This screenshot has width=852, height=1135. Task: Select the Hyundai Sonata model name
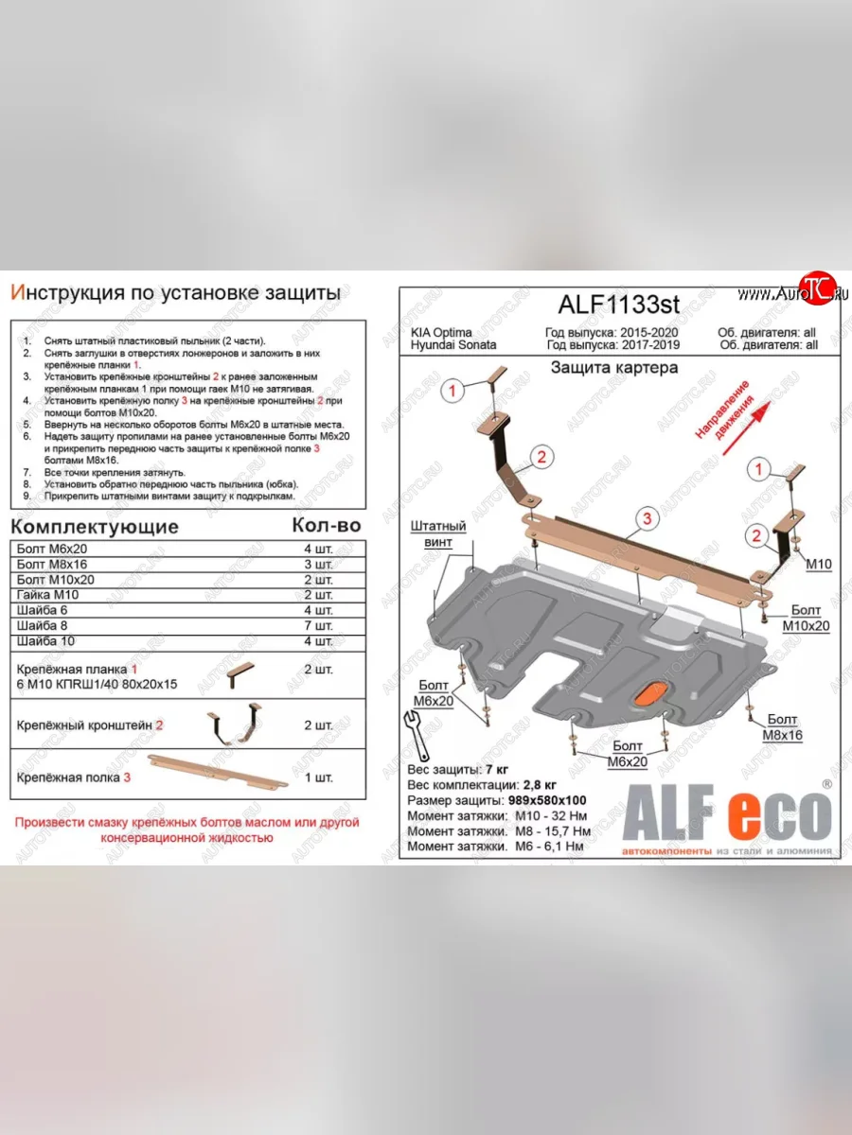point(453,345)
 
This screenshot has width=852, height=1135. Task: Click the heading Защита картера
point(614,367)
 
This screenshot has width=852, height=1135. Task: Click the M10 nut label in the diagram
point(818,564)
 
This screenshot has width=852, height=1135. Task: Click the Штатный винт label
point(438,533)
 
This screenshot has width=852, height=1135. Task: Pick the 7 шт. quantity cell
point(315,626)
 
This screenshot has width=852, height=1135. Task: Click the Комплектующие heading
point(95,527)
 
